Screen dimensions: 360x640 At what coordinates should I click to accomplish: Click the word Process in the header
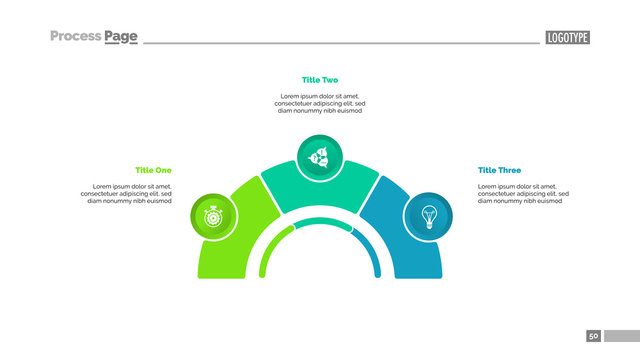pyautogui.click(x=75, y=37)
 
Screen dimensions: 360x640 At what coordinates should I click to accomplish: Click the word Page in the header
pyautogui.click(x=120, y=37)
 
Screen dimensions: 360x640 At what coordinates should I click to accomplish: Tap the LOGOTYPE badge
pyautogui.click(x=567, y=38)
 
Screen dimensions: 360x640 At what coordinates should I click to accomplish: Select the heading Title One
pyautogui.click(x=153, y=170)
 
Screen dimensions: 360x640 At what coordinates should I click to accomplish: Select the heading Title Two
pyautogui.click(x=320, y=79)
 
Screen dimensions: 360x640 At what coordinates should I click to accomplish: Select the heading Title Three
pyautogui.click(x=499, y=170)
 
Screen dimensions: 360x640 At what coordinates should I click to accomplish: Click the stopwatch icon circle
pyautogui.click(x=213, y=215)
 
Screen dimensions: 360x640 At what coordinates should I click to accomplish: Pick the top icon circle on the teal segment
pyautogui.click(x=320, y=157)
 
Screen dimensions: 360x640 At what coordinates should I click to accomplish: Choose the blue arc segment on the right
pyautogui.click(x=415, y=255)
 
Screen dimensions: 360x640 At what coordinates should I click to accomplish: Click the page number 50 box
pyautogui.click(x=594, y=336)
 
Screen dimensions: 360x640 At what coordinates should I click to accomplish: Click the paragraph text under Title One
pyautogui.click(x=130, y=193)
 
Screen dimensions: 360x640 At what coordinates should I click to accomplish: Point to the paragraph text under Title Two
pyautogui.click(x=320, y=103)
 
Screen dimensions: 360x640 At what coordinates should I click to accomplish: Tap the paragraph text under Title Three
pyautogui.click(x=522, y=193)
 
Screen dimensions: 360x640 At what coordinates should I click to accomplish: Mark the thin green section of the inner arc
pyautogui.click(x=268, y=250)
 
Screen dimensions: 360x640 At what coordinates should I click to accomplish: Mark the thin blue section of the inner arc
pyautogui.click(x=371, y=250)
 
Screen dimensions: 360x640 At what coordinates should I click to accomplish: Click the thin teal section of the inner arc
pyautogui.click(x=320, y=222)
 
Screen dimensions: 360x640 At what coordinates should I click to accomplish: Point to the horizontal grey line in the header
pyautogui.click(x=340, y=43)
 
